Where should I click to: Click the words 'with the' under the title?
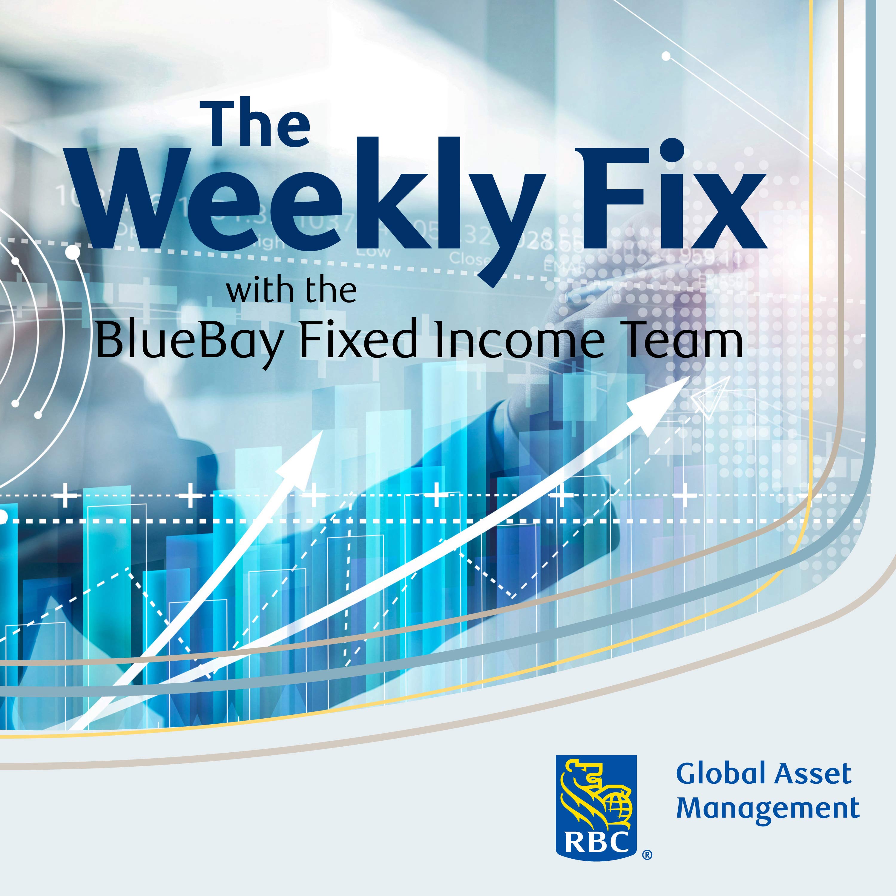pos(291,291)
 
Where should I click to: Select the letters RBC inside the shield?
pos(596,843)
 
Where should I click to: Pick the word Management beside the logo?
pos(768,809)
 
